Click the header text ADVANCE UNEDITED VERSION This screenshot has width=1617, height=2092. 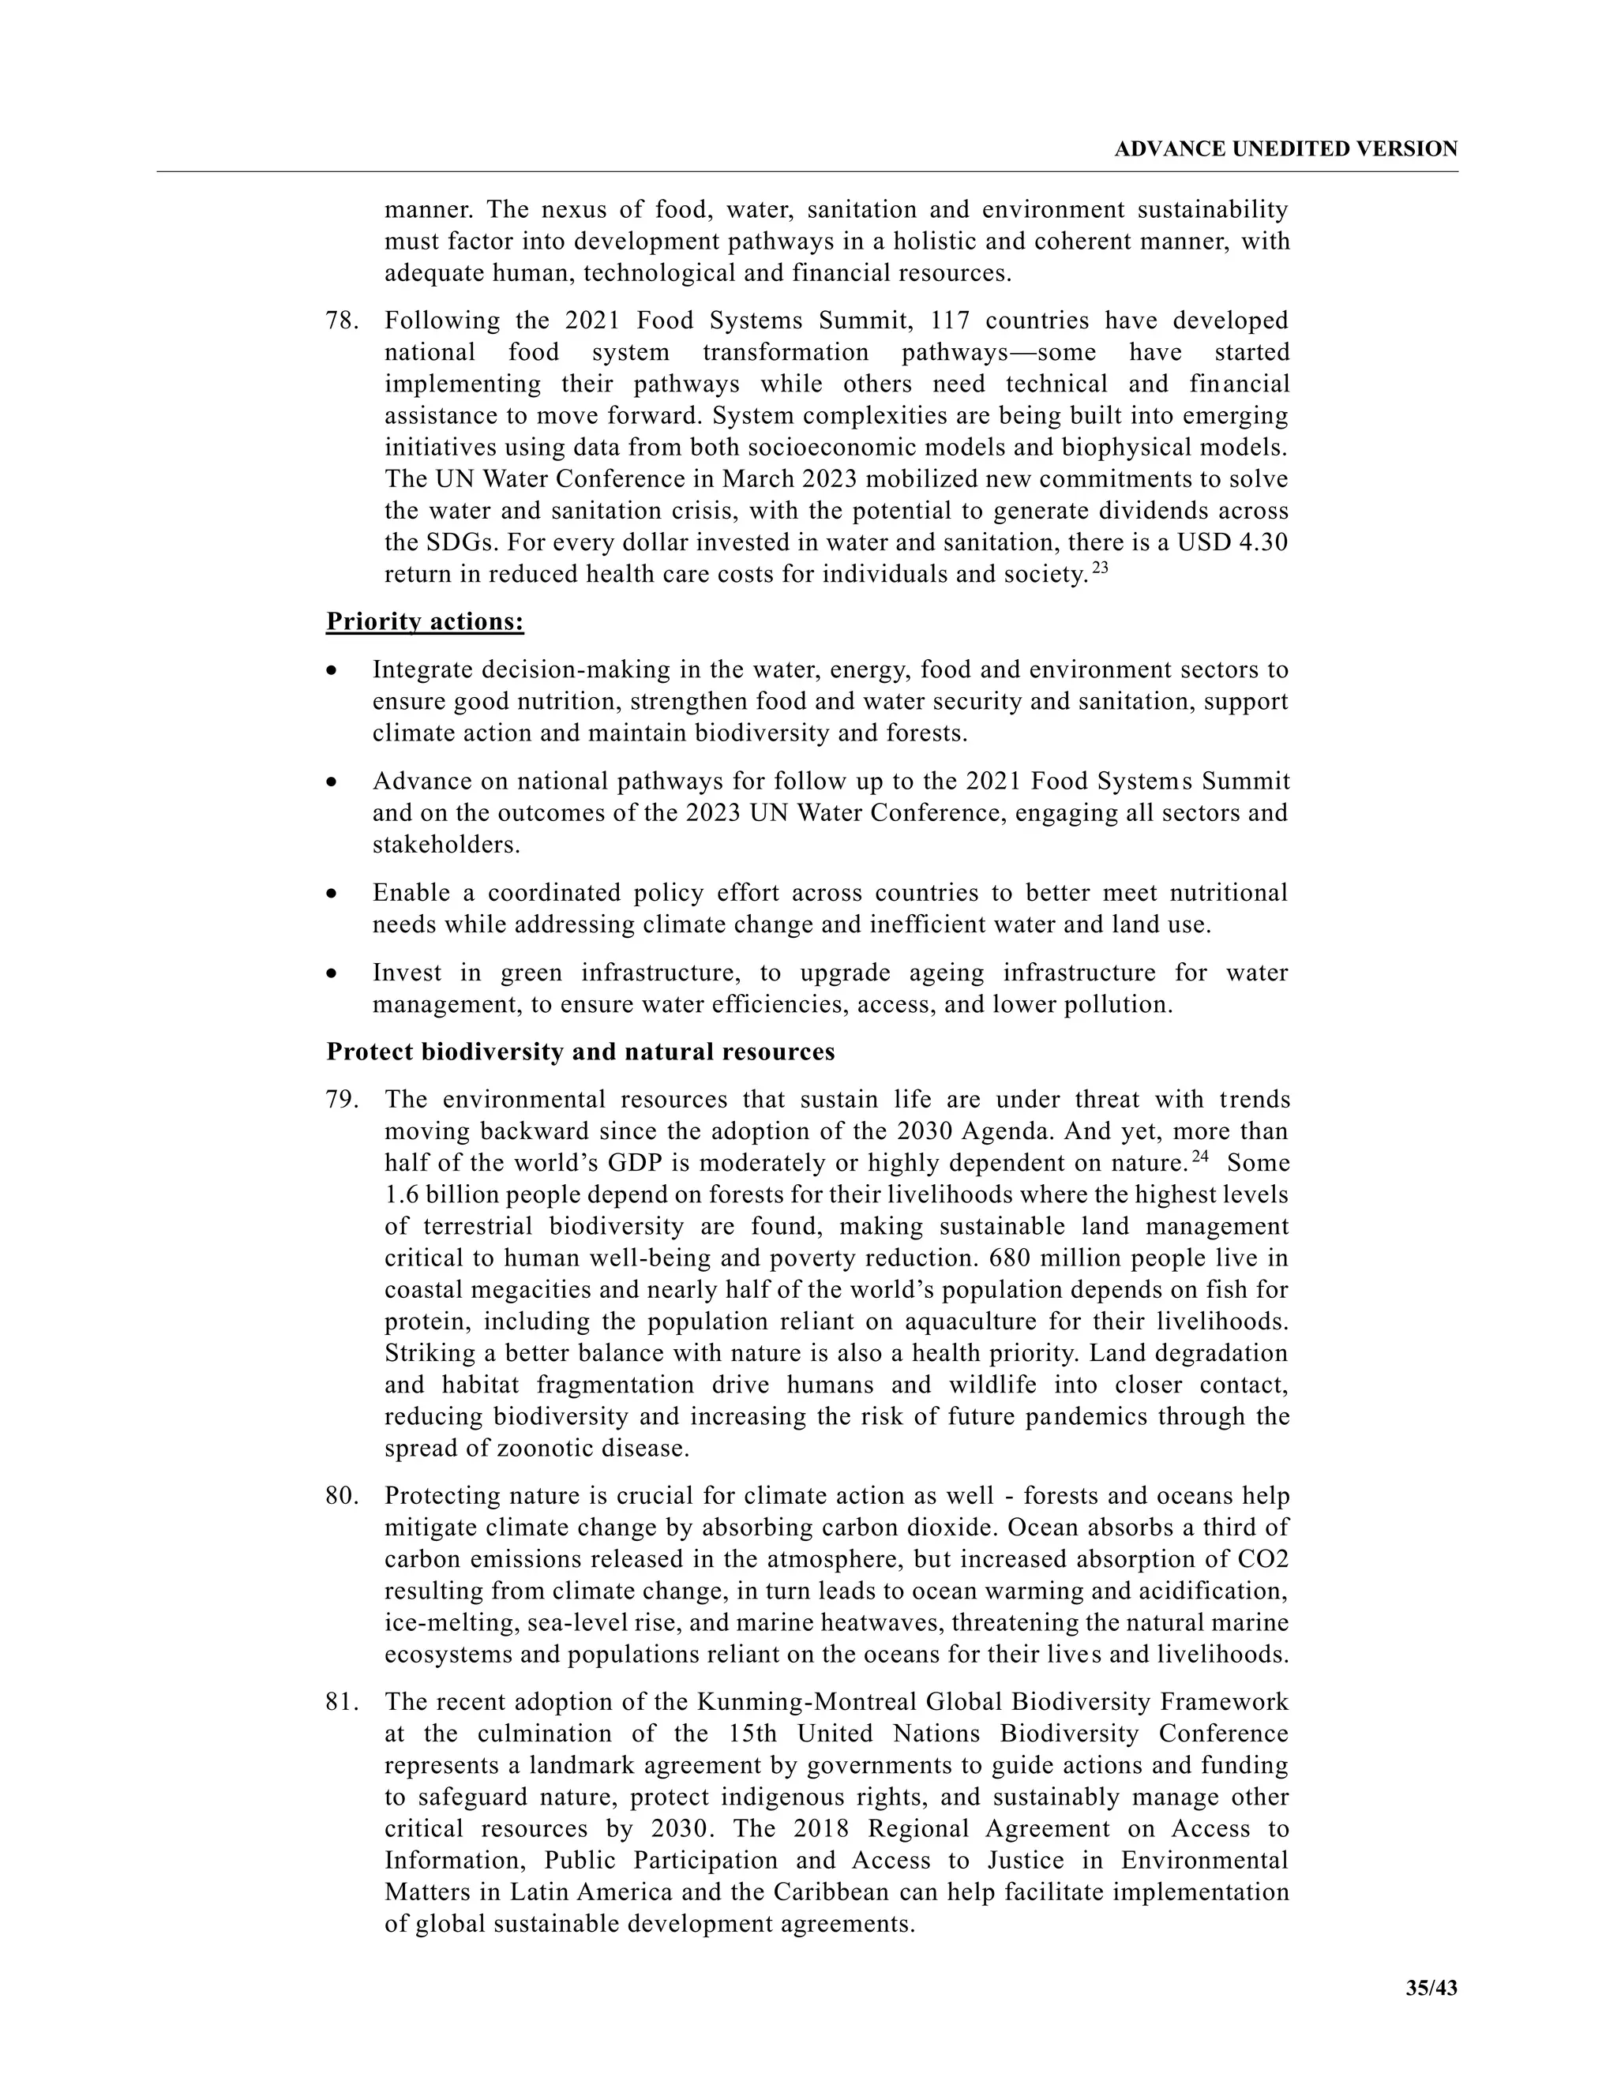(1285, 149)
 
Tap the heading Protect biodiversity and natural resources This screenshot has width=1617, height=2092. (580, 1052)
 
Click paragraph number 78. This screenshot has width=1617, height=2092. (341, 320)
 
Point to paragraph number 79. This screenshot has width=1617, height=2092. (341, 1100)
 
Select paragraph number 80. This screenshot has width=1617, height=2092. (341, 1496)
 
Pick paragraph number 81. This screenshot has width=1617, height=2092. (341, 1702)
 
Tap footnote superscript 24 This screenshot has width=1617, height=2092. (1200, 1157)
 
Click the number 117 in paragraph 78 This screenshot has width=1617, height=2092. (949, 320)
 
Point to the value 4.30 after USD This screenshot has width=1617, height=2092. (1262, 543)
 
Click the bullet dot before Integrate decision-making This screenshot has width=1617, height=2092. (332, 670)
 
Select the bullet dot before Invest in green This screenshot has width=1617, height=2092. (332, 973)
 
